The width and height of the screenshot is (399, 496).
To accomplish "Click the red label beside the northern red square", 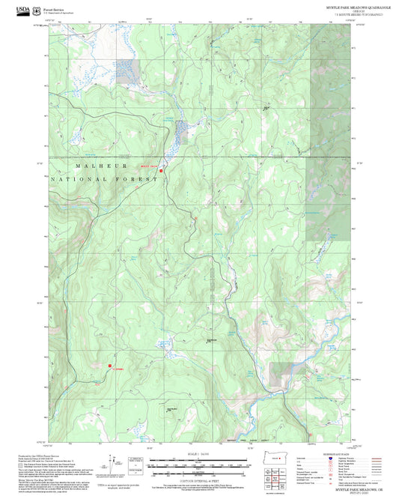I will pos(149,166).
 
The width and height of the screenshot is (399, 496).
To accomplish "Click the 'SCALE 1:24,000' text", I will pos(198,455).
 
